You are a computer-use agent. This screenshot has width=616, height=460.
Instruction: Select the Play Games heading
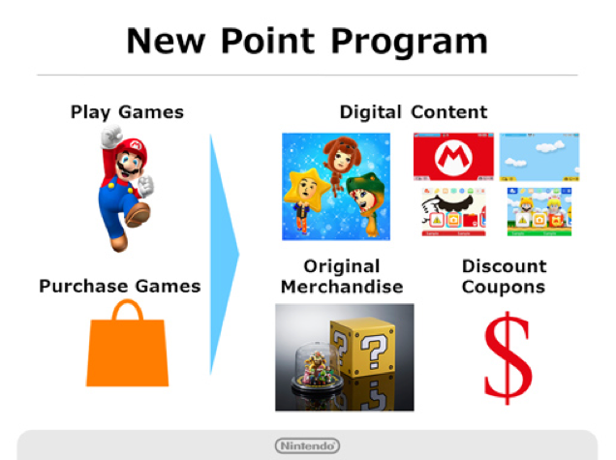(127, 112)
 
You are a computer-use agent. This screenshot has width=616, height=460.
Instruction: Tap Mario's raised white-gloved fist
(108, 138)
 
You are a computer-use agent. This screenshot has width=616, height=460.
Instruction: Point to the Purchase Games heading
(120, 286)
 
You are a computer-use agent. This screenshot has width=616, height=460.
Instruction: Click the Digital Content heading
(413, 111)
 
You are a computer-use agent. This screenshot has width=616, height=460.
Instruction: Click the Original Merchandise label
(341, 276)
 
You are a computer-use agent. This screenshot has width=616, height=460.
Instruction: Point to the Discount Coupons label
(503, 276)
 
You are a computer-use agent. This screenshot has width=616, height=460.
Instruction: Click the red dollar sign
(508, 356)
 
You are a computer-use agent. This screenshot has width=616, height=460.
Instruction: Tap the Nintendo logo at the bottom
(307, 445)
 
